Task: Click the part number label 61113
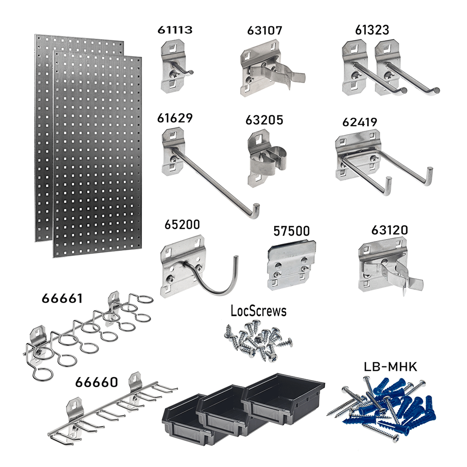coord(176,31)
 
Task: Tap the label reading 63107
coord(264,31)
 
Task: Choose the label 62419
coord(360,122)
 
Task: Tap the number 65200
coord(181,225)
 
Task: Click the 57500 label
coord(292,231)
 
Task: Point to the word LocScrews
coord(258,311)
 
